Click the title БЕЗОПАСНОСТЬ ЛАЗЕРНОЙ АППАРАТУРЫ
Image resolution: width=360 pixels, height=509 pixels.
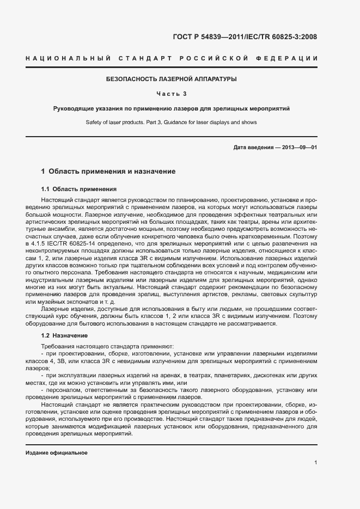[172, 79]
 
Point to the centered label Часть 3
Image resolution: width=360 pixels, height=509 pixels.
[172, 94]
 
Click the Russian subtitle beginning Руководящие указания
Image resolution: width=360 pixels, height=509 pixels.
[172, 108]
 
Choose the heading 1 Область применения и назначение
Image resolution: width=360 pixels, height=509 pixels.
[108, 171]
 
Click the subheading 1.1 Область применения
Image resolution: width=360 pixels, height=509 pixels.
[79, 189]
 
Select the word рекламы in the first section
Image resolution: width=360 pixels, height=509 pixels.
[218, 294]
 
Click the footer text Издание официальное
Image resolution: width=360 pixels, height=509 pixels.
[57, 453]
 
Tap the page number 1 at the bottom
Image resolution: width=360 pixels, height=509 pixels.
[315, 463]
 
